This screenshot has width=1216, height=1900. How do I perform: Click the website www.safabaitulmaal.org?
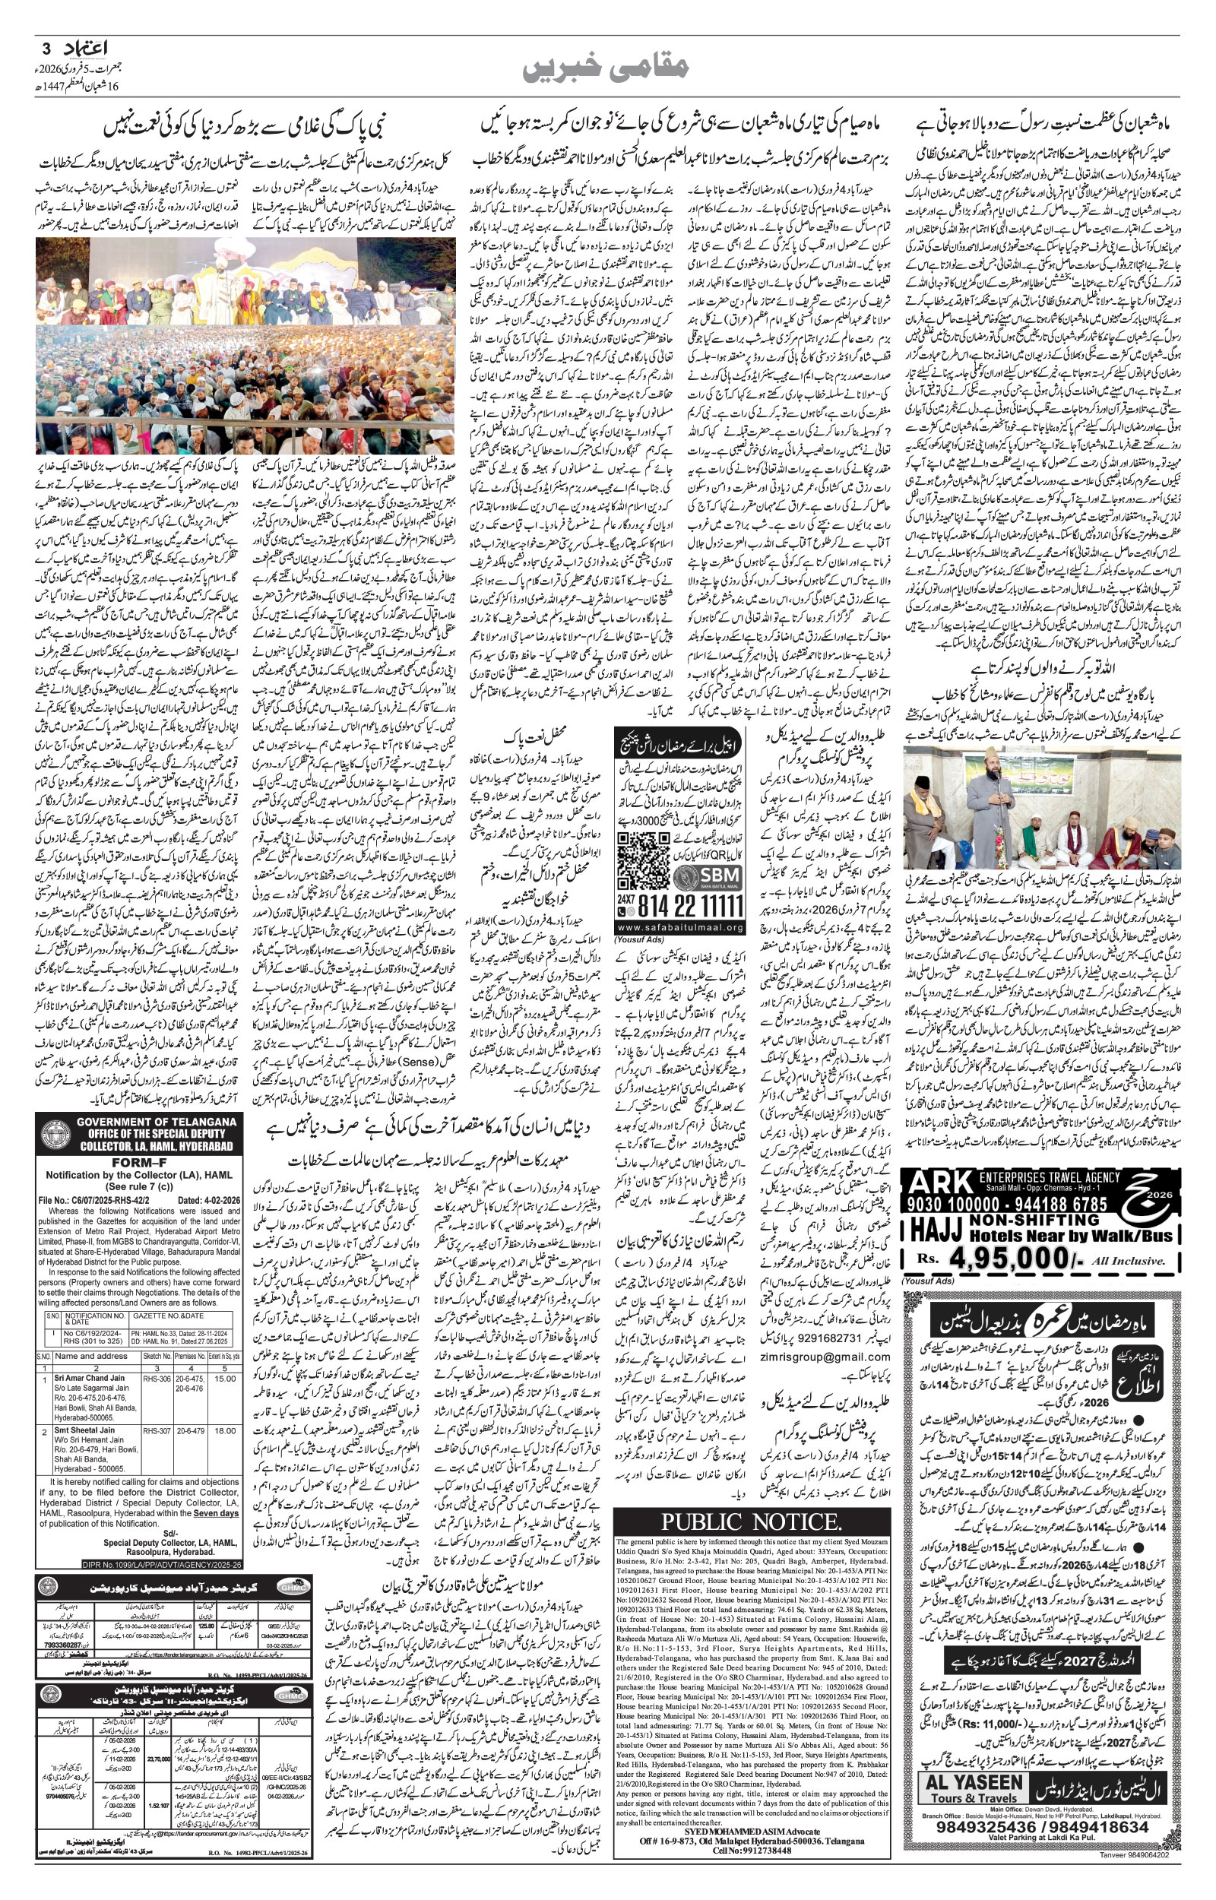tap(680, 927)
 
